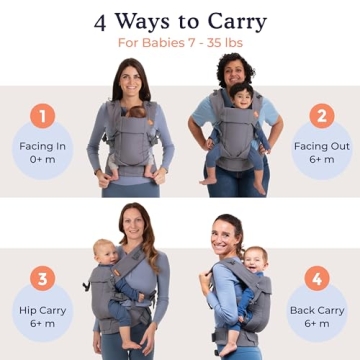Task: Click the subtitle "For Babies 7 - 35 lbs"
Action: click(x=180, y=43)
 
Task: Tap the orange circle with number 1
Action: click(x=41, y=116)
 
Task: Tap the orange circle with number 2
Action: click(x=320, y=116)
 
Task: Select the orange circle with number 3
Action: click(x=41, y=277)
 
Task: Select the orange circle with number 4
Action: click(x=317, y=277)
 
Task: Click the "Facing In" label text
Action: click(x=41, y=146)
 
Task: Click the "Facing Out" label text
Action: click(x=319, y=146)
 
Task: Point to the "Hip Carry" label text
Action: click(x=42, y=310)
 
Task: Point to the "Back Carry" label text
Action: click(x=317, y=310)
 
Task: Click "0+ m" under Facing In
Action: click(x=41, y=160)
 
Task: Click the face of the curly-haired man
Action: click(x=236, y=72)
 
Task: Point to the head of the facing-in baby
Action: click(x=135, y=112)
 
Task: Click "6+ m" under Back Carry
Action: click(x=317, y=324)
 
